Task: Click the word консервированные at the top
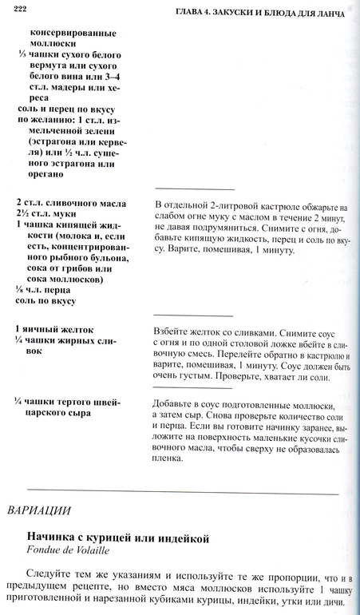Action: coord(73,33)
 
